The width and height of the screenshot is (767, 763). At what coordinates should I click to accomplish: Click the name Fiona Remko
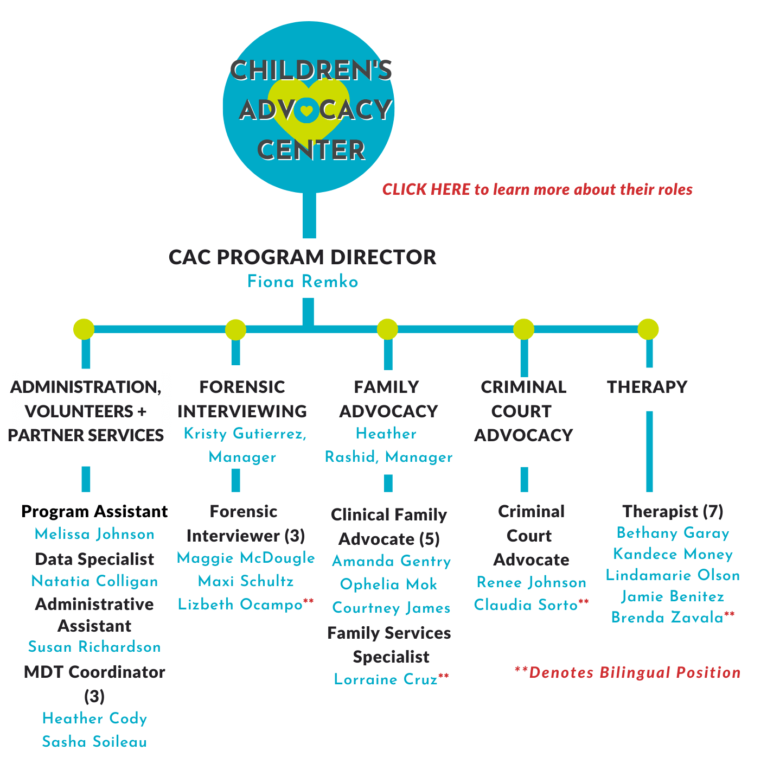coord(303,281)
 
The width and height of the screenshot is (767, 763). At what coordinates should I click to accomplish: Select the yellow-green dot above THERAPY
coord(648,329)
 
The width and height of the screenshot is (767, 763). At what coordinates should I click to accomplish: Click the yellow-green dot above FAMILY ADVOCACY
coord(387,329)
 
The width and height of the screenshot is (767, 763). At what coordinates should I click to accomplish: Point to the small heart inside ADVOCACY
coord(306,110)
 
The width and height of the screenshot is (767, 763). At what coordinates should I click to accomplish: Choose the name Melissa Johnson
coord(94,533)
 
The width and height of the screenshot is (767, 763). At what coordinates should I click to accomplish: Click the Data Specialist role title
coord(94,559)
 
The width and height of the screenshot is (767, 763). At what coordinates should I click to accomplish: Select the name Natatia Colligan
coord(94,581)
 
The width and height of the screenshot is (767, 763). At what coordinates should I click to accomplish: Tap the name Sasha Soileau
coord(94,741)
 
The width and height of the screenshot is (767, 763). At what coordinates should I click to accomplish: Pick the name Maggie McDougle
coord(246,558)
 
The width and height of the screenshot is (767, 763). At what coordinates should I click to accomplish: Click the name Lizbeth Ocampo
coord(240,604)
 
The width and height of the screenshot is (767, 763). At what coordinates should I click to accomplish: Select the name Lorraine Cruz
coord(386,679)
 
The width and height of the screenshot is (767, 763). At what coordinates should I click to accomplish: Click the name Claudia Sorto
coord(526,605)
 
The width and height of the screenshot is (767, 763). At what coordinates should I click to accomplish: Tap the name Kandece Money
coord(673,554)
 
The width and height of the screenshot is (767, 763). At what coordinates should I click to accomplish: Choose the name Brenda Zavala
coord(667,617)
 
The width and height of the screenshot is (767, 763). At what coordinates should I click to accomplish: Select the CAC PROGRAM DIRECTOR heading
coord(302,257)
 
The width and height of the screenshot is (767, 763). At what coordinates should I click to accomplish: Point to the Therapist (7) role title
coord(673,511)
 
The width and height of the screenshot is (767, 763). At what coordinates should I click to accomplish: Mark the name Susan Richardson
coord(94,647)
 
